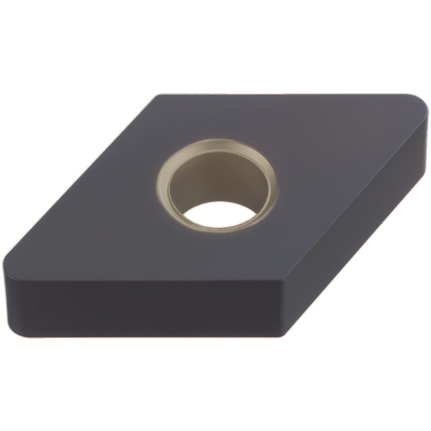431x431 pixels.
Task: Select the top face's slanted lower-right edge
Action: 353,194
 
